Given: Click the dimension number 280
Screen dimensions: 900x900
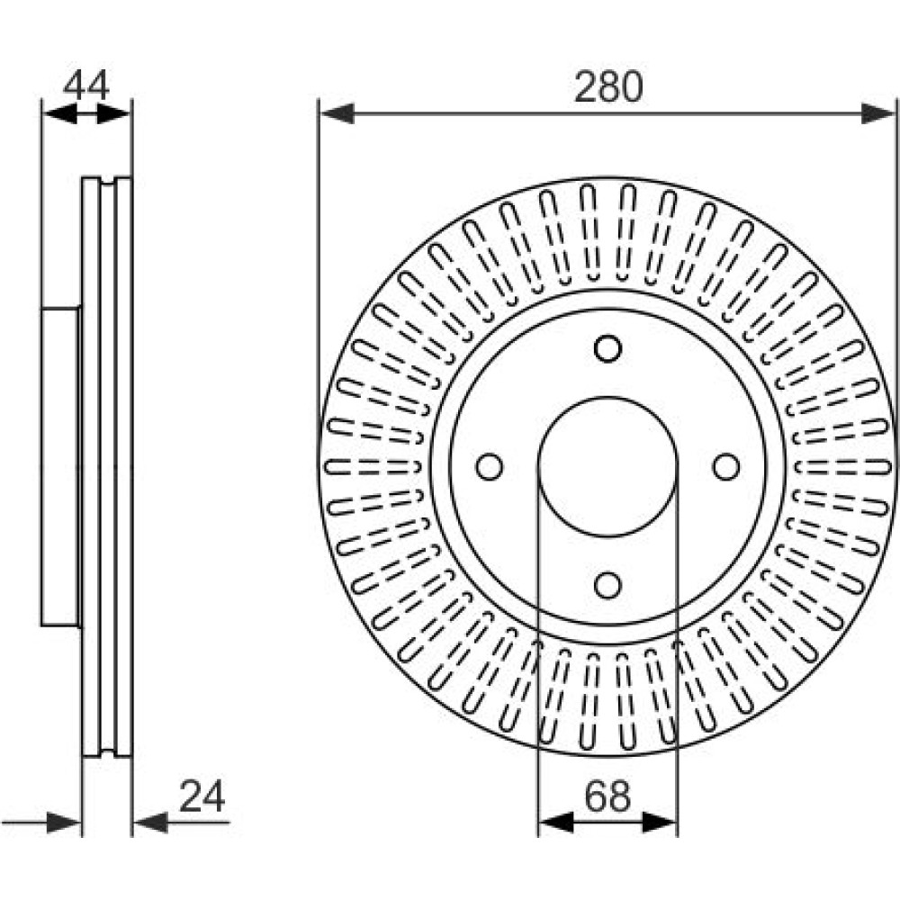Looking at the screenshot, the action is click(608, 86).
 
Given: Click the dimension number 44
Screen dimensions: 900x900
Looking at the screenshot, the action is click(86, 85).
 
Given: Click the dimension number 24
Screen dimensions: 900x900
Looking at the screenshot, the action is click(202, 796).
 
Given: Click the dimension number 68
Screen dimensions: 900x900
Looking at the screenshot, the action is click(607, 796).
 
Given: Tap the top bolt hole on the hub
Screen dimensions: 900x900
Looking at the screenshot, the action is click(607, 348).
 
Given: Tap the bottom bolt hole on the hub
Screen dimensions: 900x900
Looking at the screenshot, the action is click(607, 585).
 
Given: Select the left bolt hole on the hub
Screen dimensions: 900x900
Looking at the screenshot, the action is click(490, 466).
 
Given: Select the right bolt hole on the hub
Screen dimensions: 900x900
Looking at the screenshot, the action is click(726, 466).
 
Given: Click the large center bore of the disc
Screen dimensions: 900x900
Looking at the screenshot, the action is click(607, 466).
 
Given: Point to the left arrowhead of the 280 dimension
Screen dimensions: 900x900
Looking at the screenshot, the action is click(337, 113).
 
